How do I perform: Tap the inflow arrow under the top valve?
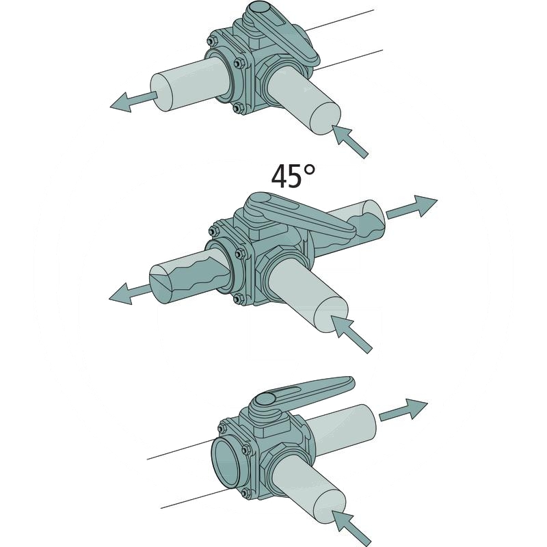point(351,140)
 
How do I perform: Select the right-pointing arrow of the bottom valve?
point(403,410)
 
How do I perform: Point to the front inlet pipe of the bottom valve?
point(308,492)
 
